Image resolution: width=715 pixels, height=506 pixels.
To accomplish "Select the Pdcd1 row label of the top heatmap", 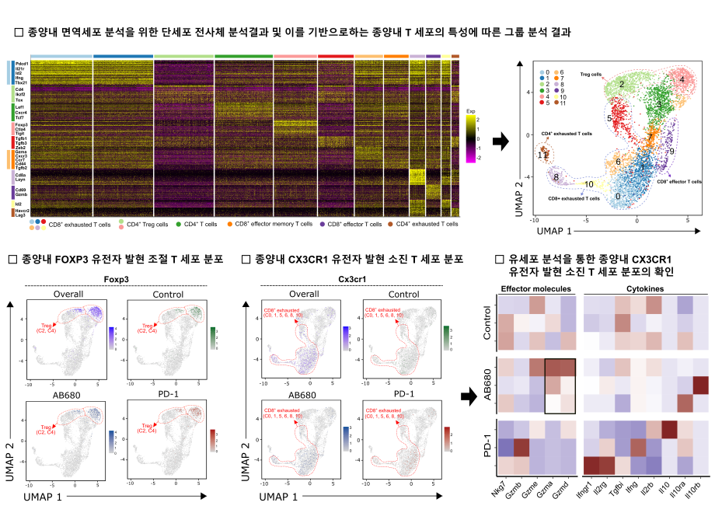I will (21, 63).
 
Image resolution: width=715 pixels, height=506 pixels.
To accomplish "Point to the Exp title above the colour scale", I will (470, 111).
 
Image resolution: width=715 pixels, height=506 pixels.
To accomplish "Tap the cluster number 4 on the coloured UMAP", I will (682, 79).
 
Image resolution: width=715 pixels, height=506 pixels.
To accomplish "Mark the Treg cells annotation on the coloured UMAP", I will (591, 75).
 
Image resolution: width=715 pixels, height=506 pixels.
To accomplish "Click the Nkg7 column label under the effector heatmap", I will (505, 490).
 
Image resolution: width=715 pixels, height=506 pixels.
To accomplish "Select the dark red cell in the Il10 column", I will (668, 429).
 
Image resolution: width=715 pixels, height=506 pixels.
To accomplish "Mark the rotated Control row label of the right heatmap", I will (488, 324).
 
